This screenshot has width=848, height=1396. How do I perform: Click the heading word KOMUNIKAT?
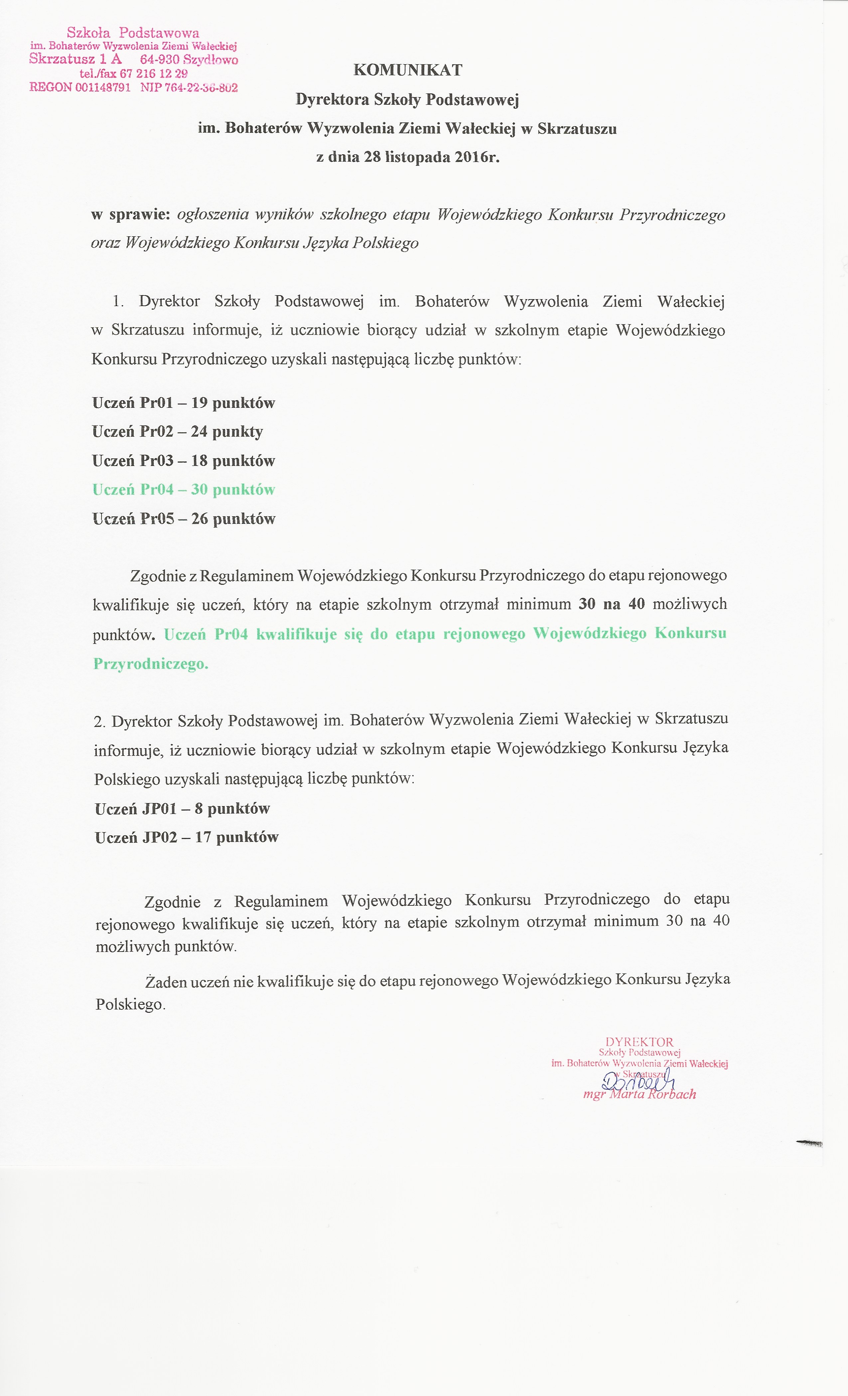pos(408,70)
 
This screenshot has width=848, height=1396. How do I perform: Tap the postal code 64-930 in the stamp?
pos(160,59)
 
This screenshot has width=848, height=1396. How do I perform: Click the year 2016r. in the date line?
pos(479,157)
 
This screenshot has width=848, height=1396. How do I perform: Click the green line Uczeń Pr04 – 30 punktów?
pos(184,490)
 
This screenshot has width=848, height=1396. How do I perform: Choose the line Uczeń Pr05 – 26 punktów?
pos(184,519)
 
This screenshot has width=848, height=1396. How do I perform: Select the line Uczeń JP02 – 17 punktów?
pos(187,837)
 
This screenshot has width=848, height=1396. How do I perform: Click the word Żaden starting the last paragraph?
pos(165,981)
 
